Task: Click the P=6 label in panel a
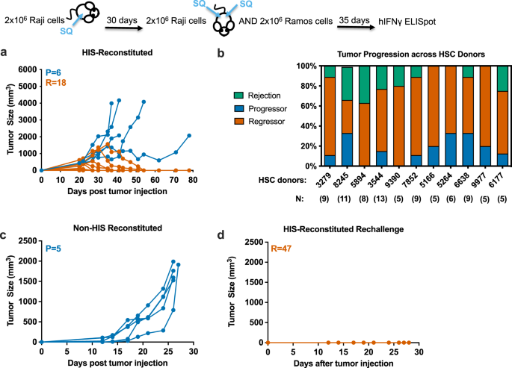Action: (52, 72)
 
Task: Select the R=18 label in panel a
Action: (55, 83)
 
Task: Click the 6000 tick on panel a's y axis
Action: (26, 69)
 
